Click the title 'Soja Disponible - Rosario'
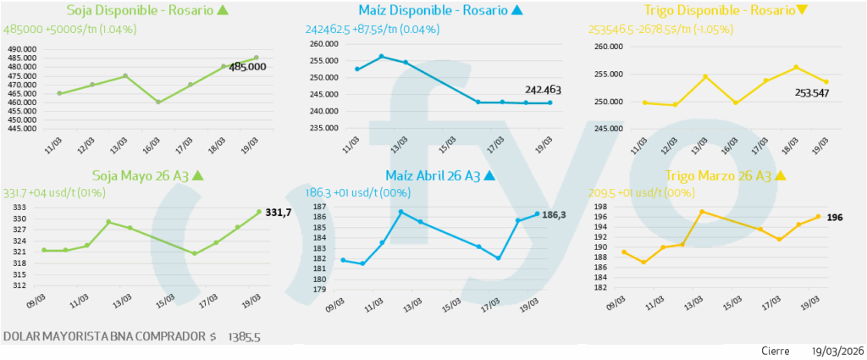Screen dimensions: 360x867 tap(140, 11)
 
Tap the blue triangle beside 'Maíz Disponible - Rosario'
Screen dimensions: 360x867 tap(517, 11)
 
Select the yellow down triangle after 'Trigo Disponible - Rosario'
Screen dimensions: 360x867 tap(802, 11)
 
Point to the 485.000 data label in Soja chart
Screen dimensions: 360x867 tap(248, 66)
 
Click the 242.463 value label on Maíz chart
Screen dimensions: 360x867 tap(544, 89)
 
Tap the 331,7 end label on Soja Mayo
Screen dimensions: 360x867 tap(279, 212)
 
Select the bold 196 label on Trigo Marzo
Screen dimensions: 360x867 tap(834, 217)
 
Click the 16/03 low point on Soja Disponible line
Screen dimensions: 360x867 tap(158, 102)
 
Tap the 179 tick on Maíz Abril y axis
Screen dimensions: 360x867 tap(319, 290)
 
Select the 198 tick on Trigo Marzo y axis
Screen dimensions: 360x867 tap(599, 208)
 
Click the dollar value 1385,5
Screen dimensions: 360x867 tap(244, 336)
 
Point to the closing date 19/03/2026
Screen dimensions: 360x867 tap(837, 351)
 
